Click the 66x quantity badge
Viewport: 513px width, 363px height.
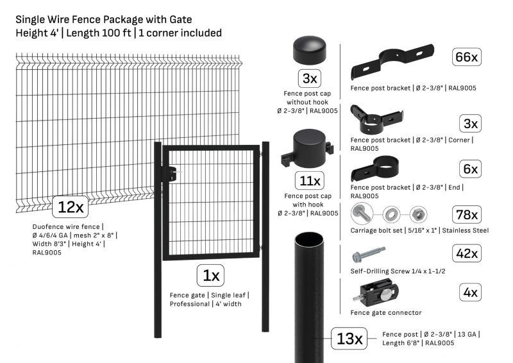click(x=466, y=57)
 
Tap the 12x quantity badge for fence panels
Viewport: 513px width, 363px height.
click(x=71, y=207)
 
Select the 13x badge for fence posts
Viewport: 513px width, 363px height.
click(x=349, y=339)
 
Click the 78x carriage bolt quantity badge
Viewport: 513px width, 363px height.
click(x=466, y=215)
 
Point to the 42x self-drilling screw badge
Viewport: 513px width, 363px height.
click(x=466, y=253)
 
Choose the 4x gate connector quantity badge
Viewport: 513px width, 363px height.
click(x=470, y=292)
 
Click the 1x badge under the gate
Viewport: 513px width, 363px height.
click(x=210, y=276)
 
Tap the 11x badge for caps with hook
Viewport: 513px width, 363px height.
click(x=309, y=181)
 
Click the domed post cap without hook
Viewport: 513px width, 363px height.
click(x=310, y=50)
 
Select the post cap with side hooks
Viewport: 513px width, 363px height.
click(x=308, y=148)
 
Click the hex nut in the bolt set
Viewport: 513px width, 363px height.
click(x=418, y=215)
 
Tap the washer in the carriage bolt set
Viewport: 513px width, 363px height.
click(x=391, y=215)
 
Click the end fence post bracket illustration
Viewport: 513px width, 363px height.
click(x=375, y=168)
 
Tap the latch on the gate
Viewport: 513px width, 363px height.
click(x=172, y=173)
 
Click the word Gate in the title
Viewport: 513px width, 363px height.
click(x=181, y=20)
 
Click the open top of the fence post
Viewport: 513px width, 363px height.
click(x=309, y=240)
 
